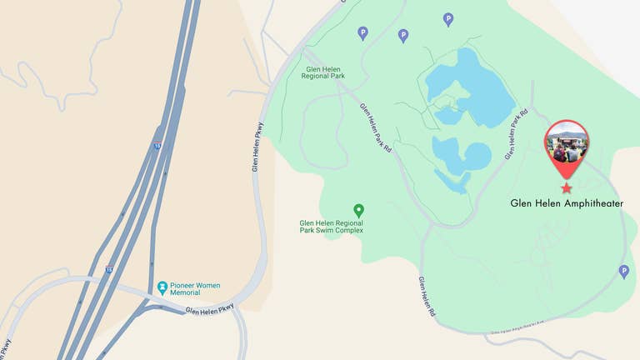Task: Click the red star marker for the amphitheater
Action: coord(567,188)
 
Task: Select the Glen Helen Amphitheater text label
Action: coord(567,203)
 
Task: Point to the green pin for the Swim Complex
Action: coord(358,210)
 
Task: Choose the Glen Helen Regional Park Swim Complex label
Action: coord(332,227)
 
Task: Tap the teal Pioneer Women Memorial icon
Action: coord(162,288)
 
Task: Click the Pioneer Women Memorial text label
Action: coord(195,289)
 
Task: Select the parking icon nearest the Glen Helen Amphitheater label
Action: coord(623,271)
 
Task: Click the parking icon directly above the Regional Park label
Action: coord(362,33)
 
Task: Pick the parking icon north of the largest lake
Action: coord(448,19)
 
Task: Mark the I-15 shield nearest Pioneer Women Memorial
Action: coord(109,269)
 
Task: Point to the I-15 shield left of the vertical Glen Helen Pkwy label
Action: coord(157,146)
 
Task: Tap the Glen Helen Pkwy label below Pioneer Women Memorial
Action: coord(210,311)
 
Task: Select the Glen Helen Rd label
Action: coord(427,296)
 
